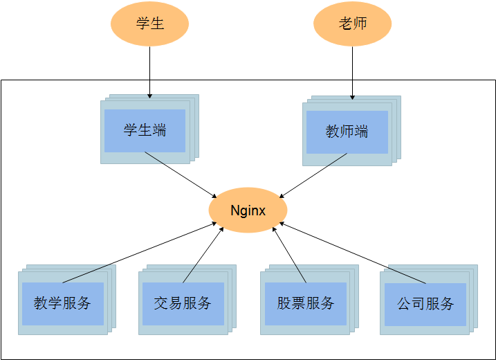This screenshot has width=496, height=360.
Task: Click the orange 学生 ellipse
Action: pyautogui.click(x=149, y=24)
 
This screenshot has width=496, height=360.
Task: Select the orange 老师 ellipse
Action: pyautogui.click(x=352, y=24)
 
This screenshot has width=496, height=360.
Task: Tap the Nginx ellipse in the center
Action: pyautogui.click(x=248, y=210)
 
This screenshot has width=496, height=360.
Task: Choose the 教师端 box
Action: pyautogui.click(x=347, y=132)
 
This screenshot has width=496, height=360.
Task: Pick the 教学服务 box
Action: pyautogui.click(x=62, y=303)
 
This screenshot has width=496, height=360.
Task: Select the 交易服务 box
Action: pyautogui.click(x=183, y=303)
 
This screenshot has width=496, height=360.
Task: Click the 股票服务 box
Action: pyautogui.click(x=305, y=303)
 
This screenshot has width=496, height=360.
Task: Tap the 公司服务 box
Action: pyautogui.click(x=425, y=303)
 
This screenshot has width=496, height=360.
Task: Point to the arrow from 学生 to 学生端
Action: pyautogui.click(x=149, y=69)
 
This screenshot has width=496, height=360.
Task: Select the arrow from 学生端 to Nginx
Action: pyautogui.click(x=181, y=174)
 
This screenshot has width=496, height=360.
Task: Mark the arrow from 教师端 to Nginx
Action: pyautogui.click(x=313, y=176)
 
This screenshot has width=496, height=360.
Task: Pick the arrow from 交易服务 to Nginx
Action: pyautogui.click(x=203, y=254)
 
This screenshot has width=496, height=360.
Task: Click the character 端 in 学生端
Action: pyautogui.click(x=159, y=130)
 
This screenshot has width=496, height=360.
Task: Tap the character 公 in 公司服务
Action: pyautogui.click(x=404, y=303)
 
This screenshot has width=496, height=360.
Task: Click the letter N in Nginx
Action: pyautogui.click(x=235, y=210)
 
